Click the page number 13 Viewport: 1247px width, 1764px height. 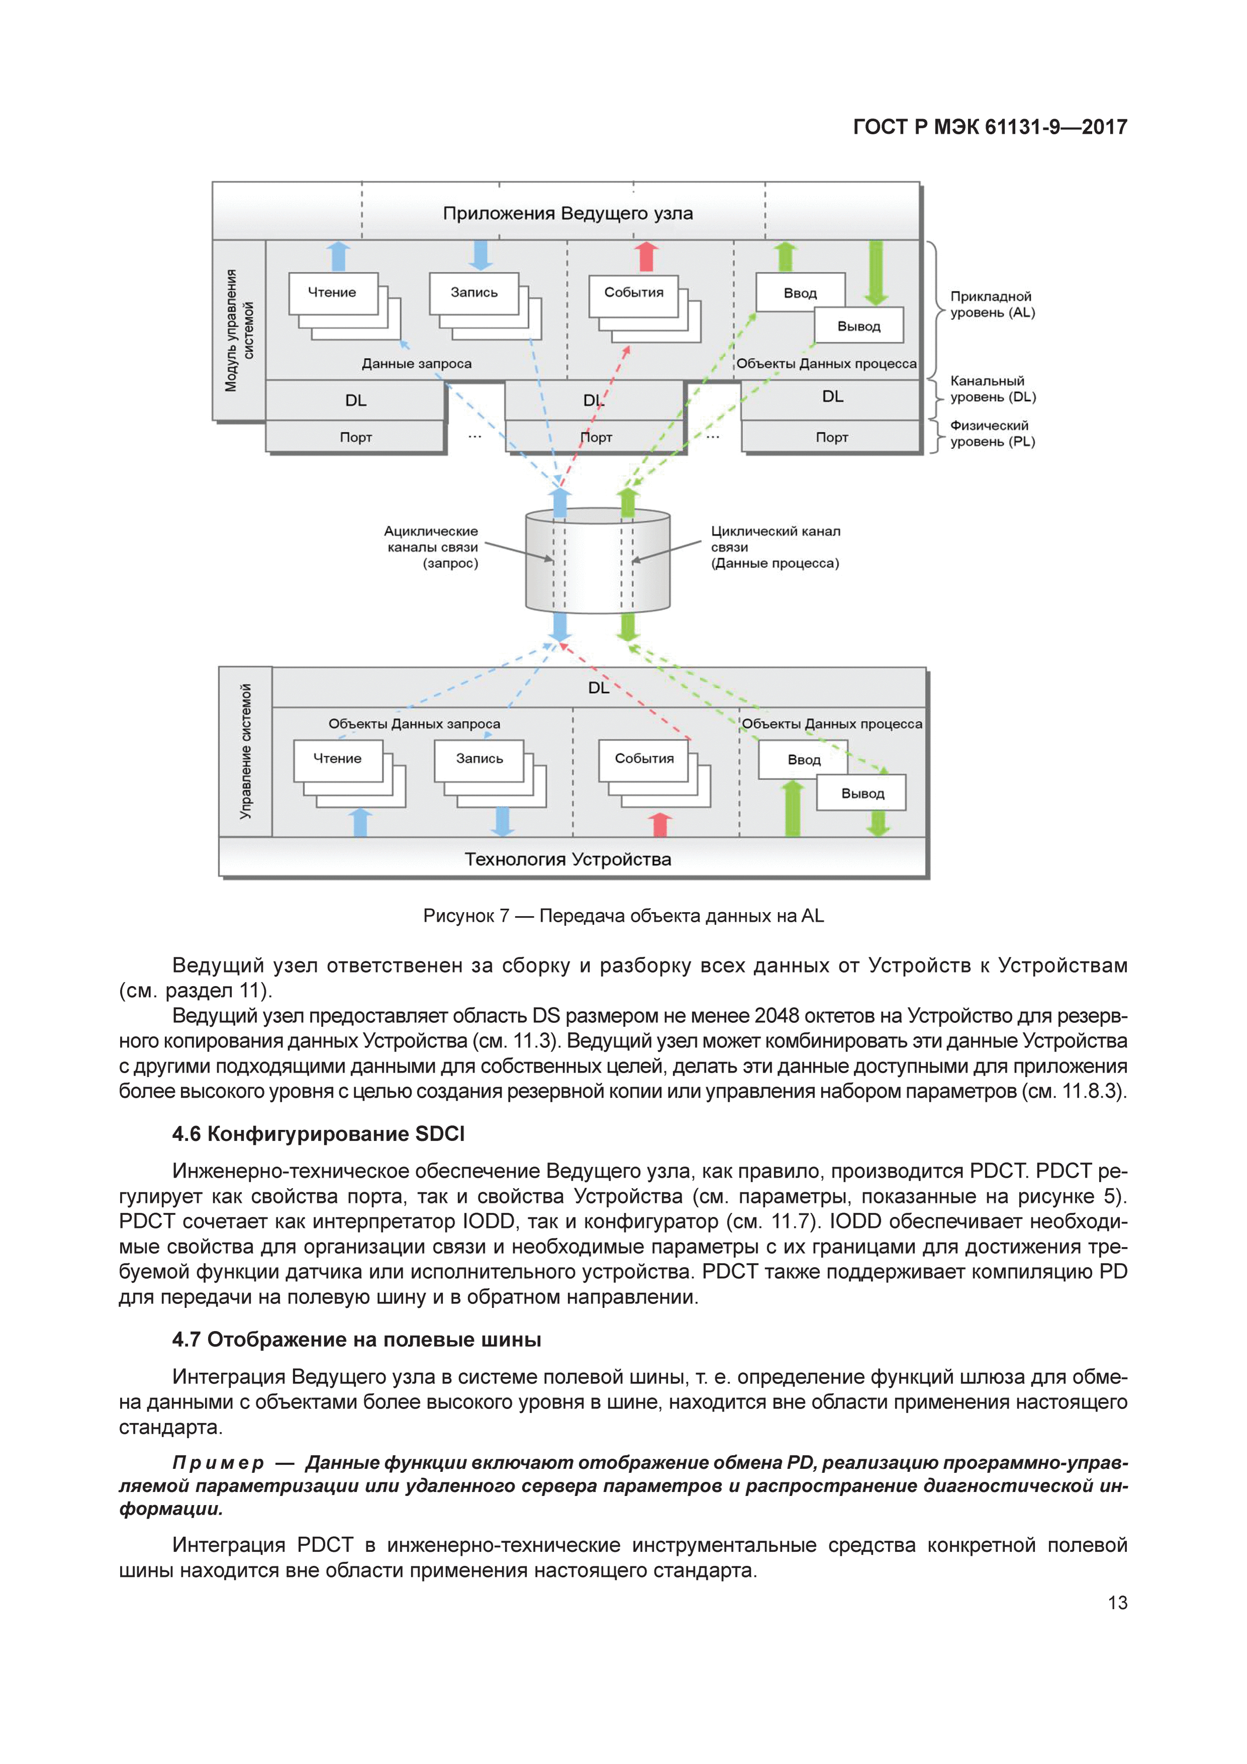pyautogui.click(x=1116, y=1602)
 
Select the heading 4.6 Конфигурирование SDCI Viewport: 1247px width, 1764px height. pyautogui.click(x=318, y=1133)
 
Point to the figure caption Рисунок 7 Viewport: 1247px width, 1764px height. pyautogui.click(x=623, y=915)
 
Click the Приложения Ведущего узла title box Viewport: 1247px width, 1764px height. pyautogui.click(x=567, y=213)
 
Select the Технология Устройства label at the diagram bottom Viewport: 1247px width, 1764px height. pyautogui.click(x=567, y=859)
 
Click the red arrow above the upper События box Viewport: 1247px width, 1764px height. pyautogui.click(x=646, y=256)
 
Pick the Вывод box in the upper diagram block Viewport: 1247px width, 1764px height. pyautogui.click(x=858, y=326)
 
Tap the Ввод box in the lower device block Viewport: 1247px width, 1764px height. pyautogui.click(x=803, y=759)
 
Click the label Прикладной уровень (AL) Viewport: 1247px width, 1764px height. pyautogui.click(x=992, y=304)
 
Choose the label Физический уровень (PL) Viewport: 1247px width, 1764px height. pyautogui.click(x=992, y=433)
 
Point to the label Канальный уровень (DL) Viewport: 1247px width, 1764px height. pyautogui.click(x=993, y=389)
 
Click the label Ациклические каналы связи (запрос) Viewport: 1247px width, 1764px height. pyautogui.click(x=432, y=547)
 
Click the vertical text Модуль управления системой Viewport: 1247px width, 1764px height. pyautogui.click(x=239, y=330)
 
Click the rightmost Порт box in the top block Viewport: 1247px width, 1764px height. pyautogui.click(x=831, y=437)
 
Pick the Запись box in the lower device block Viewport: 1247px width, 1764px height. pyautogui.click(x=479, y=759)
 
